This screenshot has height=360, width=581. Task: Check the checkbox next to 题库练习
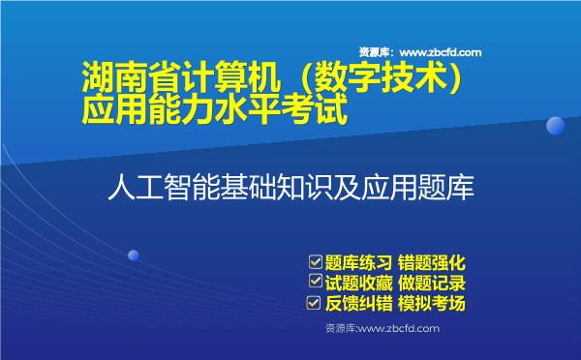(315, 261)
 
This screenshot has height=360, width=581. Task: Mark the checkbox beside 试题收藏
(315, 283)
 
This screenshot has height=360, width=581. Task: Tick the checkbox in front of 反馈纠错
(315, 304)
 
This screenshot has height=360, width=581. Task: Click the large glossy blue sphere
(555, 126)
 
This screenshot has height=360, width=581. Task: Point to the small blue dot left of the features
(134, 255)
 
